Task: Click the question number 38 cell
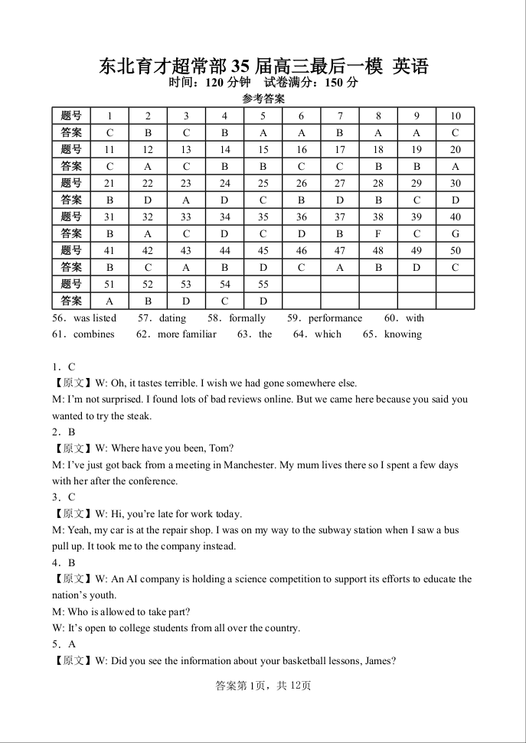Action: point(378,217)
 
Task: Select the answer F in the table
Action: point(378,233)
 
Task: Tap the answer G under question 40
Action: point(456,233)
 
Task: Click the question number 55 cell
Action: point(263,284)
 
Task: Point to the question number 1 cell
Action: point(109,116)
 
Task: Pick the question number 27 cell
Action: point(340,183)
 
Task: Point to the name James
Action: point(379,661)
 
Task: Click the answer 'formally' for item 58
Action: point(247,318)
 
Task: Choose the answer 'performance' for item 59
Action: point(335,318)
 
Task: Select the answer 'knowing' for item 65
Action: point(403,334)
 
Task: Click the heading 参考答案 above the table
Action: point(263,99)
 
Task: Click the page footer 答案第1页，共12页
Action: point(263,686)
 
